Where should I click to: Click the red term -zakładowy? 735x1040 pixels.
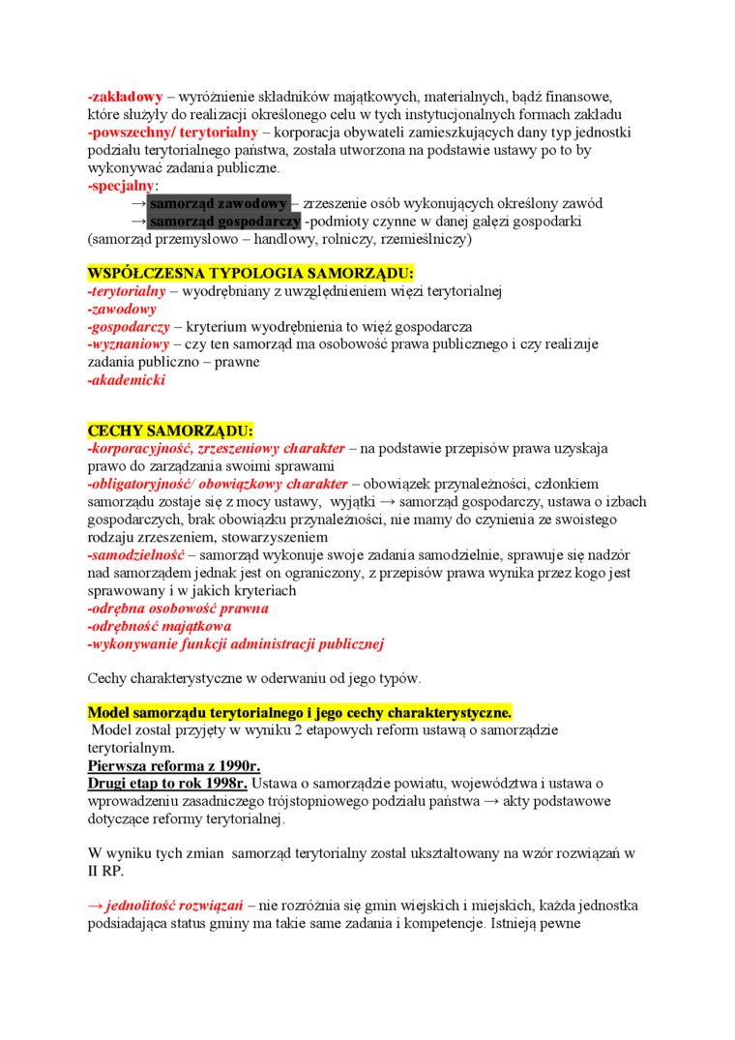[124, 97]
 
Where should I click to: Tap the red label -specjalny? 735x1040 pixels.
[120, 185]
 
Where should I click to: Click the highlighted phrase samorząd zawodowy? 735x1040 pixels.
[219, 203]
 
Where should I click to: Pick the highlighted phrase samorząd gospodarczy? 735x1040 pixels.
[224, 221]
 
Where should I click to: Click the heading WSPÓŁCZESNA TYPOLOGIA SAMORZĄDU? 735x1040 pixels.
[250, 274]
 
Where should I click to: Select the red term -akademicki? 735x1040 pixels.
[126, 380]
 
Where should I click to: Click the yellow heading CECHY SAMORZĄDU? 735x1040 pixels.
[170, 431]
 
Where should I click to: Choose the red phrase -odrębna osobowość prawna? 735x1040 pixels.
[178, 609]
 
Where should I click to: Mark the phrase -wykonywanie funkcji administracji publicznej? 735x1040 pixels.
[236, 643]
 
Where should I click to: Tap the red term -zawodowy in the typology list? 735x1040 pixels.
[122, 310]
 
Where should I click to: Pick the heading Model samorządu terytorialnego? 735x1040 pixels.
[300, 713]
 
